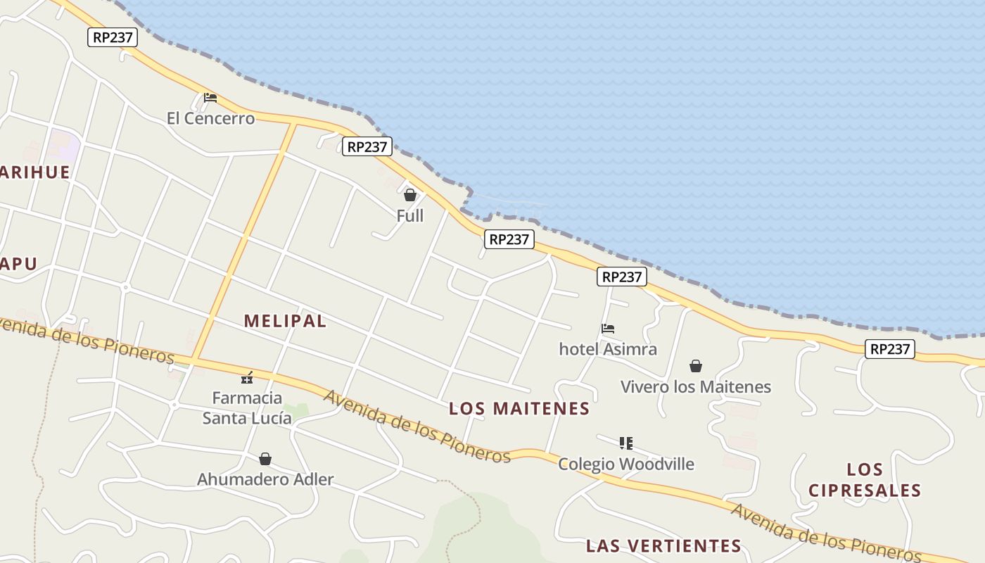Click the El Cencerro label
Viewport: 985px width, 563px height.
[x=210, y=118]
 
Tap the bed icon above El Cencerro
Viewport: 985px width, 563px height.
[x=210, y=98]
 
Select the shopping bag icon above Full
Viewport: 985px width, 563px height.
[x=410, y=195]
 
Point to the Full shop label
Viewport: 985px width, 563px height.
[x=410, y=216]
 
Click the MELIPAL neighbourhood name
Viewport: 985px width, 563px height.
[x=285, y=321]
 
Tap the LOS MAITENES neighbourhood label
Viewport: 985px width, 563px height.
[x=519, y=408]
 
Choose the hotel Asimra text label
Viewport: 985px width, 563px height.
[x=608, y=349]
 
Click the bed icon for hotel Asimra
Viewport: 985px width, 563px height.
[x=608, y=329]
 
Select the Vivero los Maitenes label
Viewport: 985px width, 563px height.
[x=696, y=386]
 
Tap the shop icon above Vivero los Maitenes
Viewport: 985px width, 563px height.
[x=696, y=366]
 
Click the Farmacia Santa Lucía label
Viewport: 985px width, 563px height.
[x=247, y=408]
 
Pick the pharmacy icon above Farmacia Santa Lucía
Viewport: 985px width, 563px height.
[x=247, y=378]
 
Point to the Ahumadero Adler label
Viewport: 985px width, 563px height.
[x=265, y=479]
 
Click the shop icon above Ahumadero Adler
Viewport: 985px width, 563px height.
[x=265, y=459]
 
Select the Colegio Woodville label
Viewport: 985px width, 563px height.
[x=626, y=464]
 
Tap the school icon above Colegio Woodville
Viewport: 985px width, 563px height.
[x=626, y=443]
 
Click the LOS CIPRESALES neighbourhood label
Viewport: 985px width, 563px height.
[x=865, y=480]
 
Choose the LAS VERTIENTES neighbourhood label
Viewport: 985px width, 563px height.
[x=663, y=545]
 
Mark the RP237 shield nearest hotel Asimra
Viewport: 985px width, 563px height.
[x=621, y=277]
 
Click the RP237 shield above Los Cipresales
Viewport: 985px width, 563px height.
[x=889, y=348]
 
